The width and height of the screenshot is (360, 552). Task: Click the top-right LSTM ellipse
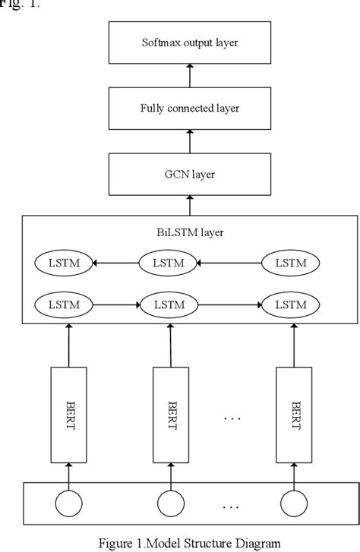291,263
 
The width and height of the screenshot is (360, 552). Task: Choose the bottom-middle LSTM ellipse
169,304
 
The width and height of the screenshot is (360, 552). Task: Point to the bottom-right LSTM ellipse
291,304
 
